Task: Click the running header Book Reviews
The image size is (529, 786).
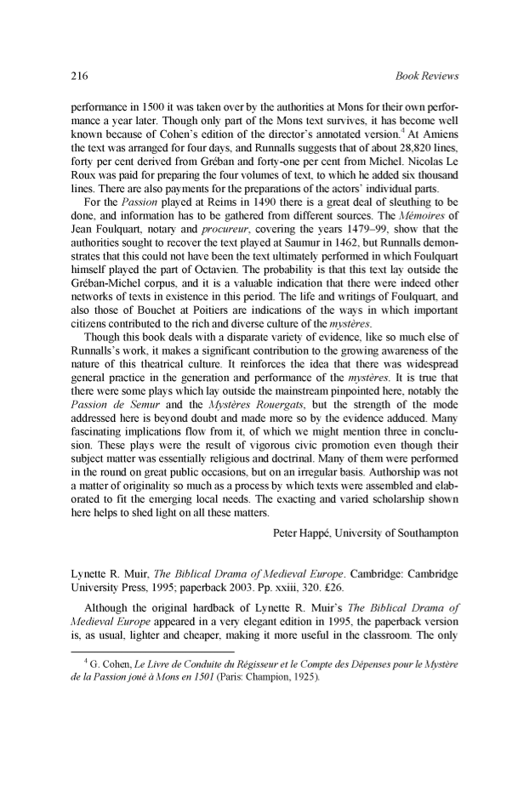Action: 428,76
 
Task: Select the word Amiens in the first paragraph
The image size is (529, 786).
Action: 440,136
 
